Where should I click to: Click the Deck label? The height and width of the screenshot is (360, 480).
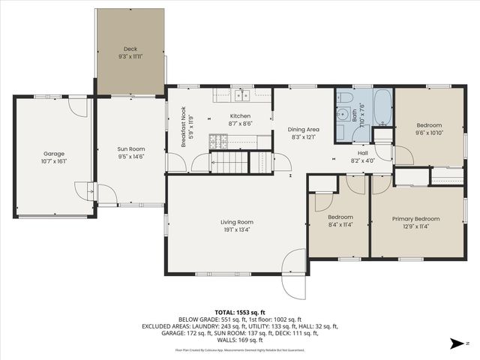130,49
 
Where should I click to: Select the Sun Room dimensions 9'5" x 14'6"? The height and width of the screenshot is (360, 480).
130,156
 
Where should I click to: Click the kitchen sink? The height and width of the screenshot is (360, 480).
241,95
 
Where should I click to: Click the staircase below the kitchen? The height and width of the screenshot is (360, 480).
228,161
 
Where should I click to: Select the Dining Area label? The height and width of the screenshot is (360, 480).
304,129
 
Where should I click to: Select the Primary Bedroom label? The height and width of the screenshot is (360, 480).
415,219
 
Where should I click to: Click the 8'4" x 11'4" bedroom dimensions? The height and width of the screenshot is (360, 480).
340,224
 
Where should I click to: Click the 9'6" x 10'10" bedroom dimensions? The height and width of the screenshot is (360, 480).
430,133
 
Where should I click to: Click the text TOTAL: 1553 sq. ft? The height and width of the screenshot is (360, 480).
240,312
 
